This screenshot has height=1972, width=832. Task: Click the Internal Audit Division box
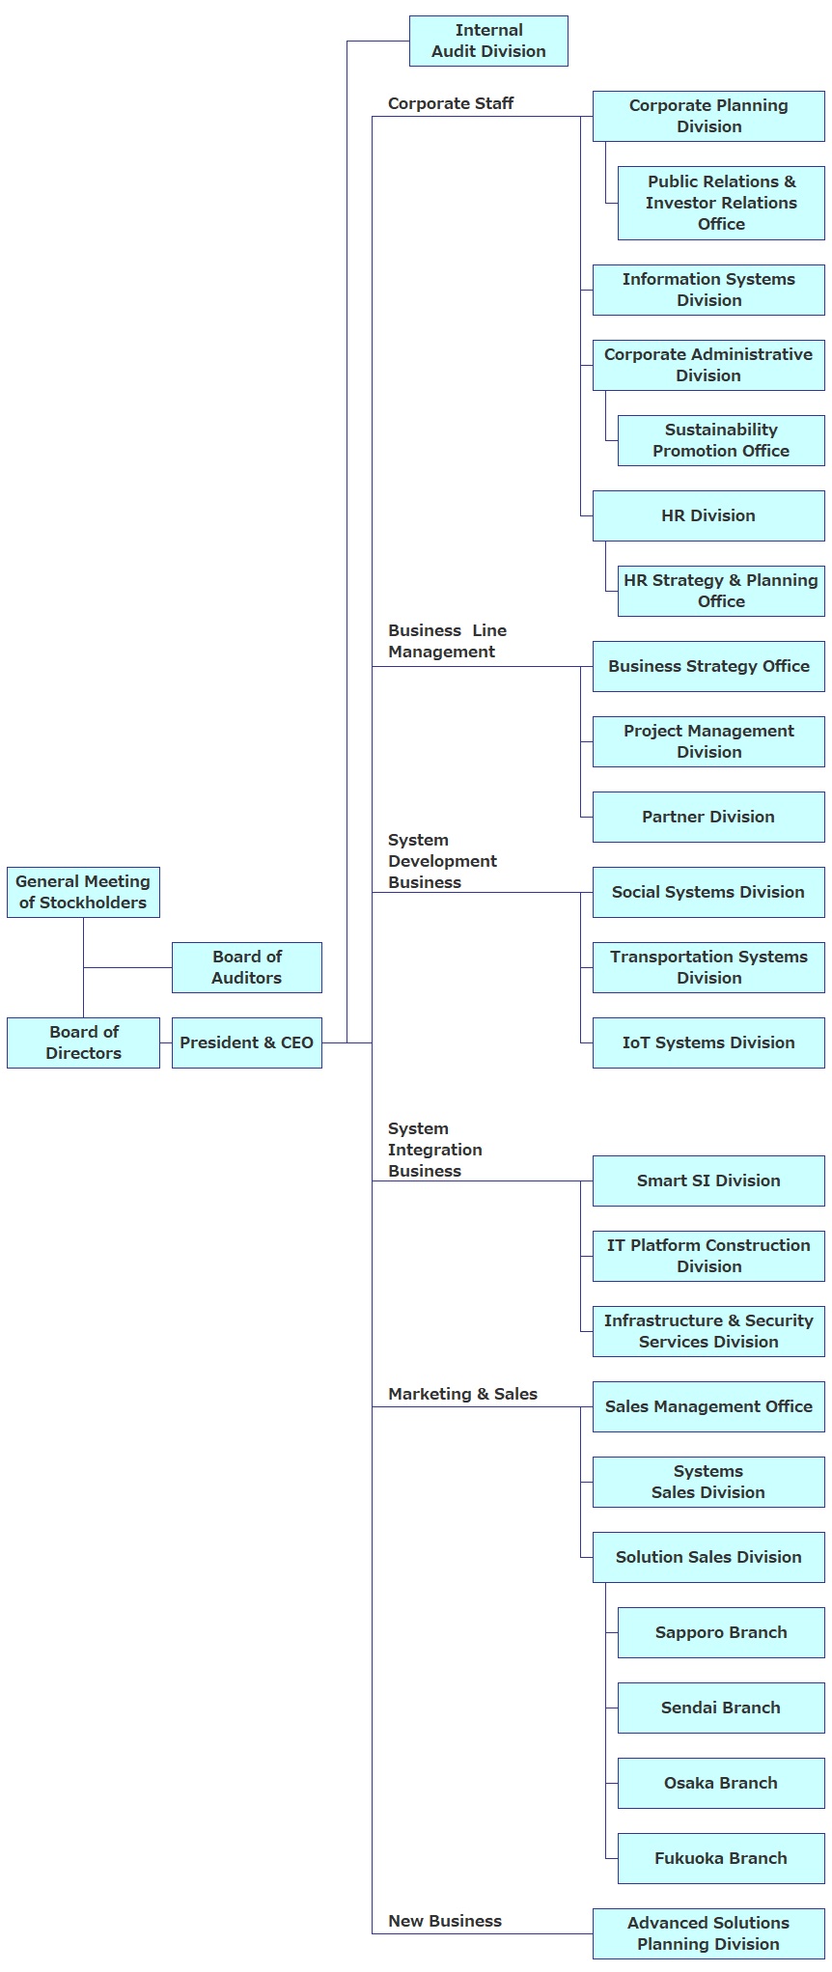tap(488, 41)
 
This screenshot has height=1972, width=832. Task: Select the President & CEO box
tap(246, 1042)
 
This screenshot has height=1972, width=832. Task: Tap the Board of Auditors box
tap(246, 967)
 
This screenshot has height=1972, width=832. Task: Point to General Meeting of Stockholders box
tap(83, 892)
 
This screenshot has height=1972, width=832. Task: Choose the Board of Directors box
tap(83, 1042)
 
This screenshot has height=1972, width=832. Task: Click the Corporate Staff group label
tap(450, 103)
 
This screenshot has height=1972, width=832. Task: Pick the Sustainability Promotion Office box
tap(720, 440)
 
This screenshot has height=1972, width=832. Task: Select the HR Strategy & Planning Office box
tap(720, 591)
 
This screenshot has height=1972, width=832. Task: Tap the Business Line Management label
tap(446, 641)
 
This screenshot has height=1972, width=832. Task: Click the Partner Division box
tap(707, 817)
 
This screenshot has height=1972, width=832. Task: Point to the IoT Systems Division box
tap(707, 1042)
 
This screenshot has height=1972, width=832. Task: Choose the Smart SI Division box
tap(707, 1180)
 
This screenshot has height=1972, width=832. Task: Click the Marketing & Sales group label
tap(462, 1394)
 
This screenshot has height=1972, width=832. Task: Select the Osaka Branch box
tap(720, 1783)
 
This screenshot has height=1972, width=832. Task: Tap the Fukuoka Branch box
tap(720, 1858)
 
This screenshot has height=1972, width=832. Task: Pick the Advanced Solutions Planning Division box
tap(707, 1933)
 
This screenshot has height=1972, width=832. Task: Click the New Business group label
tap(444, 1921)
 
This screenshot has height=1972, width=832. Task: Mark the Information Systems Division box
tap(707, 290)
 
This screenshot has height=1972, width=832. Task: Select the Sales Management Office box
tap(707, 1406)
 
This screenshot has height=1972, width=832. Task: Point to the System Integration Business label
tap(434, 1150)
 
